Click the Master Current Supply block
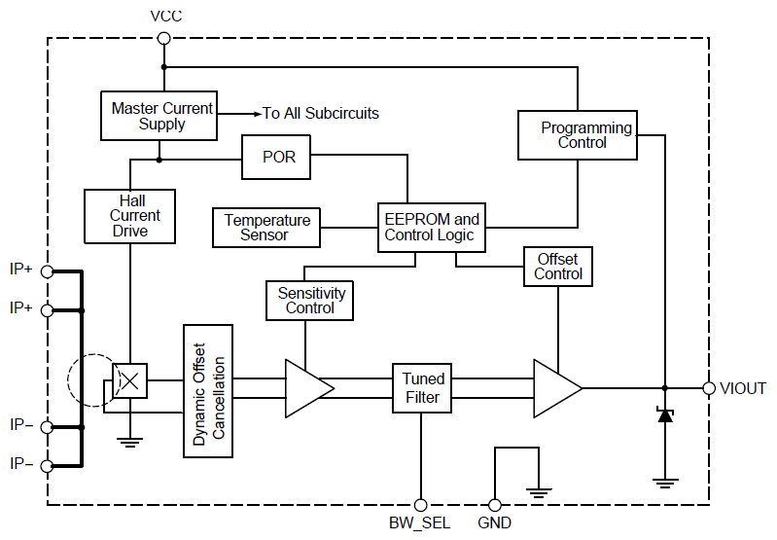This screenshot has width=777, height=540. (159, 116)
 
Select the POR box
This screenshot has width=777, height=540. (279, 157)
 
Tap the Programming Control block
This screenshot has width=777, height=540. (578, 135)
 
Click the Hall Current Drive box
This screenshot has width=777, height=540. (129, 216)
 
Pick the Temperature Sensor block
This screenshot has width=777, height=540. (267, 228)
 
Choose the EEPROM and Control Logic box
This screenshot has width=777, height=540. (431, 228)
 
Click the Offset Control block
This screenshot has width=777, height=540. (557, 267)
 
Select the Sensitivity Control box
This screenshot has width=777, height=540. (310, 301)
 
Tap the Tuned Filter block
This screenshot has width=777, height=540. (422, 387)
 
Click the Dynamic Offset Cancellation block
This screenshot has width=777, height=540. (209, 390)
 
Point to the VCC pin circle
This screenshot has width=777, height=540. (163, 38)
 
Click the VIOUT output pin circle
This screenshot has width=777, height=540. (709, 388)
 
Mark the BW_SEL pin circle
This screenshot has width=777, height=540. (421, 505)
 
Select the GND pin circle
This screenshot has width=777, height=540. (495, 505)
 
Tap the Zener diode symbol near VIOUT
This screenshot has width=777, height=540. (665, 414)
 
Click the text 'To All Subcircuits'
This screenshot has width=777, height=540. (320, 114)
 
